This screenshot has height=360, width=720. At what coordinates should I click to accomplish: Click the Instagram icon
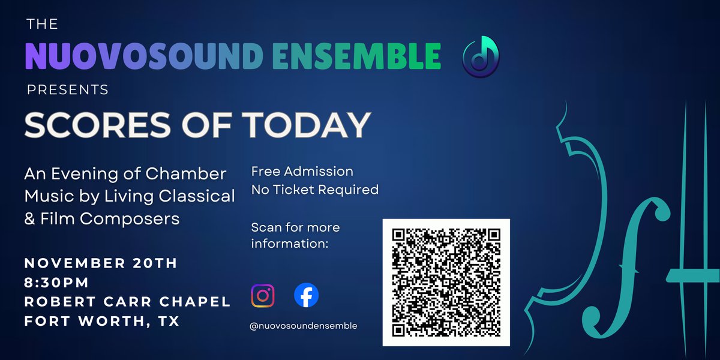pyautogui.click(x=263, y=296)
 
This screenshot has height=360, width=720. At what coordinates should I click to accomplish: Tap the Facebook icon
pyautogui.click(x=307, y=295)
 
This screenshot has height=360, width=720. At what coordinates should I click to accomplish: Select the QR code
pyautogui.click(x=446, y=283)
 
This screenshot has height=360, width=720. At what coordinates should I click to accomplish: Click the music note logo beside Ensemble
pyautogui.click(x=481, y=56)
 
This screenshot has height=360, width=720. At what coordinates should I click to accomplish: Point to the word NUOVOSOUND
pyautogui.click(x=145, y=56)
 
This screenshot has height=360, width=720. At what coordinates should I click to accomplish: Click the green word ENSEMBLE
pyautogui.click(x=356, y=56)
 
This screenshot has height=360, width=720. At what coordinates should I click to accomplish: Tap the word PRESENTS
pyautogui.click(x=68, y=89)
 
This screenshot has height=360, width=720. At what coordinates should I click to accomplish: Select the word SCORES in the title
pyautogui.click(x=98, y=125)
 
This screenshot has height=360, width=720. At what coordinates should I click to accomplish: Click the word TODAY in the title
pyautogui.click(x=307, y=125)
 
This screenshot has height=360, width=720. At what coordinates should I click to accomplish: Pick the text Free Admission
pyautogui.click(x=302, y=172)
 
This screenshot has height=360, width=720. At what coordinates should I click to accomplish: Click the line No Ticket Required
pyautogui.click(x=315, y=190)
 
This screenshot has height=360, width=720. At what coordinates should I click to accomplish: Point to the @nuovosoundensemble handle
pyautogui.click(x=304, y=326)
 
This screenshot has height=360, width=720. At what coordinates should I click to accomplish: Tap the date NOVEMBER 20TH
pyautogui.click(x=101, y=263)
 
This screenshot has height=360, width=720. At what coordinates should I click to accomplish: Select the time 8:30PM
pyautogui.click(x=56, y=283)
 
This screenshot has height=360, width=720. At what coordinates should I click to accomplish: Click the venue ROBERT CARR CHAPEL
pyautogui.click(x=128, y=301)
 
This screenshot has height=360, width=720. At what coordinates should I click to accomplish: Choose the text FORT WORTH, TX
pyautogui.click(x=102, y=321)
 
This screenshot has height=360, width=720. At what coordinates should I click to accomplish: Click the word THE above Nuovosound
pyautogui.click(x=43, y=24)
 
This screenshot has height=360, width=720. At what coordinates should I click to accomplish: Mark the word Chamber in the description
pyautogui.click(x=186, y=173)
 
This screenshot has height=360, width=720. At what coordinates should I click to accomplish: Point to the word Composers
pyautogui.click(x=130, y=219)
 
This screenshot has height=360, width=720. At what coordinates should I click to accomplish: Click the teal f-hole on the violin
pyautogui.click(x=627, y=267)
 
